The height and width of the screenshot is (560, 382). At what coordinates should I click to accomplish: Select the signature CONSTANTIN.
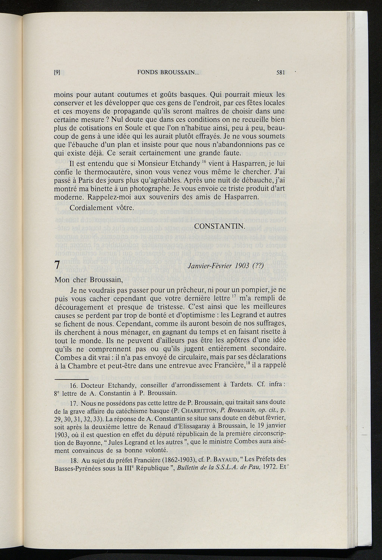point(219,226)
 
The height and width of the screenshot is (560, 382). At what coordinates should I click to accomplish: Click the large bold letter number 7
point(57,266)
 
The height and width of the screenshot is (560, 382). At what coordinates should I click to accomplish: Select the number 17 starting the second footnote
point(74,402)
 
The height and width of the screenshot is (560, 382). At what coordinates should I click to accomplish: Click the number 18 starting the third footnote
point(74,459)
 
